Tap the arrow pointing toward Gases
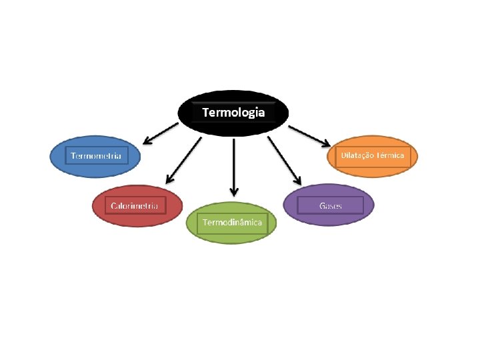284,161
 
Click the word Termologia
233,113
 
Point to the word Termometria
96,156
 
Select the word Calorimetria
135,206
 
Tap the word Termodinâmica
233,222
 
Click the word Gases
331,205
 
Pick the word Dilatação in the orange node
357,155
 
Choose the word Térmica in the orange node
390,155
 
